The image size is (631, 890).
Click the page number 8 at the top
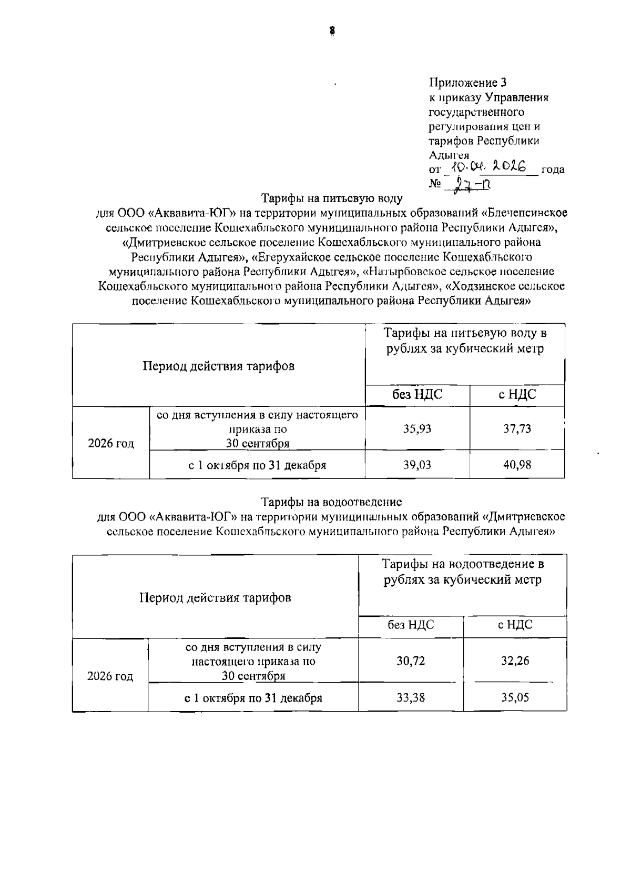point(332,31)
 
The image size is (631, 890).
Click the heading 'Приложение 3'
point(467,83)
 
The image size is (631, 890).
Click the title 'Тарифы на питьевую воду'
point(332,198)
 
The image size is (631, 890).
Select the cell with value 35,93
point(417,428)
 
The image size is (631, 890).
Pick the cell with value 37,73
point(517,428)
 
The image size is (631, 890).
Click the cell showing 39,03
point(417,465)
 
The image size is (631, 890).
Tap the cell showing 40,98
point(517,465)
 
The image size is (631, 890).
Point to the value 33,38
point(411,698)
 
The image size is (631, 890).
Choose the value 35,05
point(515,698)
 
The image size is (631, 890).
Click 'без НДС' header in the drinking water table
point(417,395)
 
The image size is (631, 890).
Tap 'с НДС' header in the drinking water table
point(517,395)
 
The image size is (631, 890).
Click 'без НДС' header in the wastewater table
point(411,625)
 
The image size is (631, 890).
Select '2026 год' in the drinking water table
point(111,443)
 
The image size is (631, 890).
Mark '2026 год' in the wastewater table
point(110,676)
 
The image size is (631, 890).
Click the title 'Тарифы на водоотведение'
point(332,502)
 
